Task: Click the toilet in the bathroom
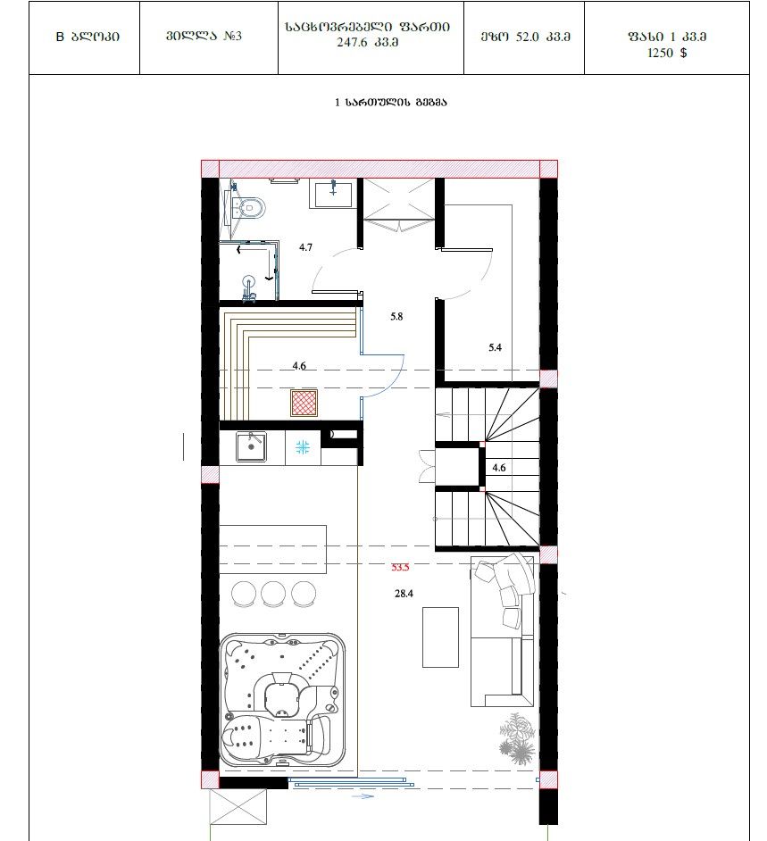pos(249,207)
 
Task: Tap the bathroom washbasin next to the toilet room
pos(333,193)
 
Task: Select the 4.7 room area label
pos(305,247)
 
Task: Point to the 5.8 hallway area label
pos(396,316)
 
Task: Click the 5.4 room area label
pos(495,347)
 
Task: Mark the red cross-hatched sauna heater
pos(304,404)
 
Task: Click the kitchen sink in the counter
pos(251,446)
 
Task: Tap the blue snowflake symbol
pos(303,446)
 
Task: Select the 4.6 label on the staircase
pos(499,468)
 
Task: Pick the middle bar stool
pos(273,595)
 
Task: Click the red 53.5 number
pos(400,567)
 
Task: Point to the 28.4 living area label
pos(404,593)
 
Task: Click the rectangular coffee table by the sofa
pos(440,637)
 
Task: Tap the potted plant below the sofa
pos(517,738)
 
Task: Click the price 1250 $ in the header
pos(667,53)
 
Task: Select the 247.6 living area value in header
pos(349,42)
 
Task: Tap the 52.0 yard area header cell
pos(525,37)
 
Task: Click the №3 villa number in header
pos(233,36)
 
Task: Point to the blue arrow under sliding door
pos(363,796)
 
